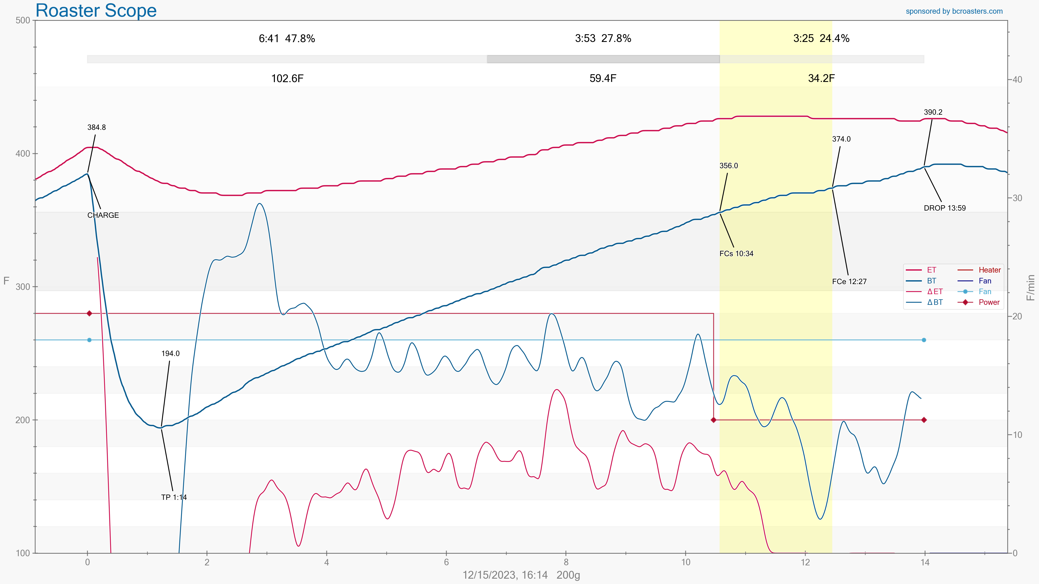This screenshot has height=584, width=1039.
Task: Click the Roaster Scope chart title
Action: coord(96,10)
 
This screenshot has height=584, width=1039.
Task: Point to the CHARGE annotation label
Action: coord(103,215)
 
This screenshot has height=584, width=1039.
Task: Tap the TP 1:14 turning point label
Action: coord(174,497)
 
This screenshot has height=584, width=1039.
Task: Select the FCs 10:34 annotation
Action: coord(736,253)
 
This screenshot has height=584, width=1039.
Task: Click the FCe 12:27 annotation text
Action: coord(849,281)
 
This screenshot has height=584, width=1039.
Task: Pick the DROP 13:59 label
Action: coord(945,208)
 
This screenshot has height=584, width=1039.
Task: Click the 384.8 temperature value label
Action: coord(96,127)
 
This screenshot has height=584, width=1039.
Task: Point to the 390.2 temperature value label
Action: coord(933,112)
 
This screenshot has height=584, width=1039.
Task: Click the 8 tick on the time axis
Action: coord(566,562)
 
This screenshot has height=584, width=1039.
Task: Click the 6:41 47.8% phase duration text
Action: coord(287,38)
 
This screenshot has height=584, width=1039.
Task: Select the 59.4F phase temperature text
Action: coord(603,78)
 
